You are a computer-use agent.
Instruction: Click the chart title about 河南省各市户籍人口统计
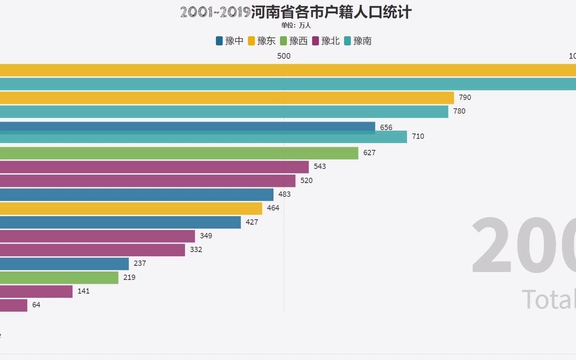(296, 12)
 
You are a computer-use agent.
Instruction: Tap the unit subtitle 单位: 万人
(296, 26)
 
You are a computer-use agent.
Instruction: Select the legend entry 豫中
(230, 41)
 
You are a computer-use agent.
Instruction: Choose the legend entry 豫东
(262, 41)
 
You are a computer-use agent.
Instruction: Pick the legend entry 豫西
(294, 41)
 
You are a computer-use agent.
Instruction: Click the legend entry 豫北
(326, 41)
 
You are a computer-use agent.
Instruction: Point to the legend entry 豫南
(358, 41)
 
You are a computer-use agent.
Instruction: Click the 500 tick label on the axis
(283, 56)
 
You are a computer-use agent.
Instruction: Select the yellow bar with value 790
(227, 98)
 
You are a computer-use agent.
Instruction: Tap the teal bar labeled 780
(224, 112)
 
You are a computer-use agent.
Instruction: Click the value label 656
(386, 127)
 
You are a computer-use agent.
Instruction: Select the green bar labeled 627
(179, 153)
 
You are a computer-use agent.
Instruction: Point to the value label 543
(320, 166)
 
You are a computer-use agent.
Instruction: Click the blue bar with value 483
(137, 194)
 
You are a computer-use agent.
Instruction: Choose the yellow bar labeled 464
(131, 208)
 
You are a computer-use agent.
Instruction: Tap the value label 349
(206, 236)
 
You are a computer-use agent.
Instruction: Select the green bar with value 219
(59, 278)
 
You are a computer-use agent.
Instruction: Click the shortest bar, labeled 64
(14, 305)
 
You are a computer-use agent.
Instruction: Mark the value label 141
(84, 291)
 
